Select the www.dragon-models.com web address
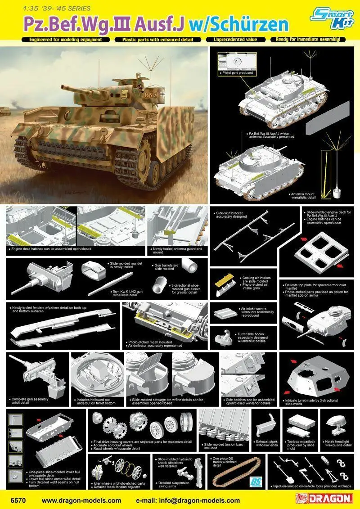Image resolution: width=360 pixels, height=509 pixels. point(81,500)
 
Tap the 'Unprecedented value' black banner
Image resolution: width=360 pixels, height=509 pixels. point(234,40)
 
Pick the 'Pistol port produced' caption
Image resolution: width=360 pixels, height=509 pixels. point(237,72)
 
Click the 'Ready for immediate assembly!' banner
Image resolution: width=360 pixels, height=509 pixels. point(308,40)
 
